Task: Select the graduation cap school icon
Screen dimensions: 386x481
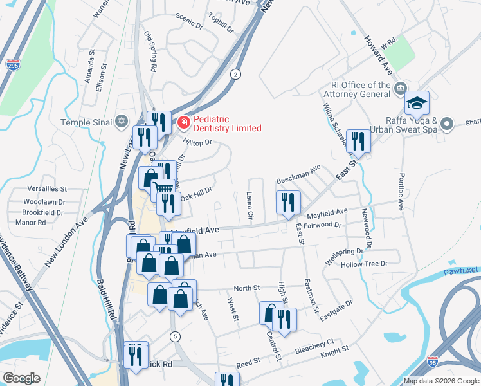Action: (417, 104)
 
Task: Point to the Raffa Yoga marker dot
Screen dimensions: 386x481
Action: (449, 122)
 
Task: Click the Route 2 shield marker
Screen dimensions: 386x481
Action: (236, 75)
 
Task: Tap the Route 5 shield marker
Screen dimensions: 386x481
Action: (175, 336)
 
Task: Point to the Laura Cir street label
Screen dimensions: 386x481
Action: (250, 204)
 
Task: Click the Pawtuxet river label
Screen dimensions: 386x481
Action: (461, 271)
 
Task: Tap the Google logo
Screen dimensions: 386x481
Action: (22, 378)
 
